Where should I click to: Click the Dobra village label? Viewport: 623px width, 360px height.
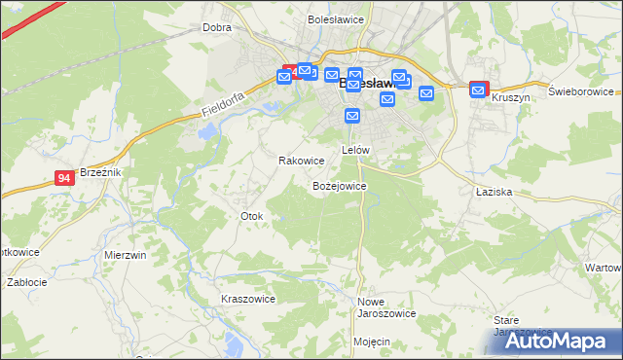(x=216, y=27)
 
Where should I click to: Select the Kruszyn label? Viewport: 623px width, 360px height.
(x=511, y=98)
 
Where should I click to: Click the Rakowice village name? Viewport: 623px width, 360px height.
(x=301, y=161)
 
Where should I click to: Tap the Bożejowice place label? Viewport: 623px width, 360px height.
(x=339, y=185)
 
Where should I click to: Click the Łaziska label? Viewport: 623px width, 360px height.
(x=495, y=192)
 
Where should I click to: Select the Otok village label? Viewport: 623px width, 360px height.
(x=251, y=215)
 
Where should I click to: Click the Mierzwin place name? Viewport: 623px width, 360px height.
(x=125, y=254)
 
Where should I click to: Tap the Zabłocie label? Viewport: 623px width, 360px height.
(x=26, y=282)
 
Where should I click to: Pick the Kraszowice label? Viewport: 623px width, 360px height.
(x=248, y=299)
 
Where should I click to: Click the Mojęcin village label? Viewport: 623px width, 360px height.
(x=372, y=342)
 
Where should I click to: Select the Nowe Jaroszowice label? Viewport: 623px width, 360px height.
(x=386, y=307)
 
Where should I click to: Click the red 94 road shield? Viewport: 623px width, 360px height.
(x=64, y=178)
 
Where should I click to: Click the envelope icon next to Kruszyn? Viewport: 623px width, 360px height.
(x=478, y=90)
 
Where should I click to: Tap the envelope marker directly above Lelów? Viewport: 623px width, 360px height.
(x=352, y=116)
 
